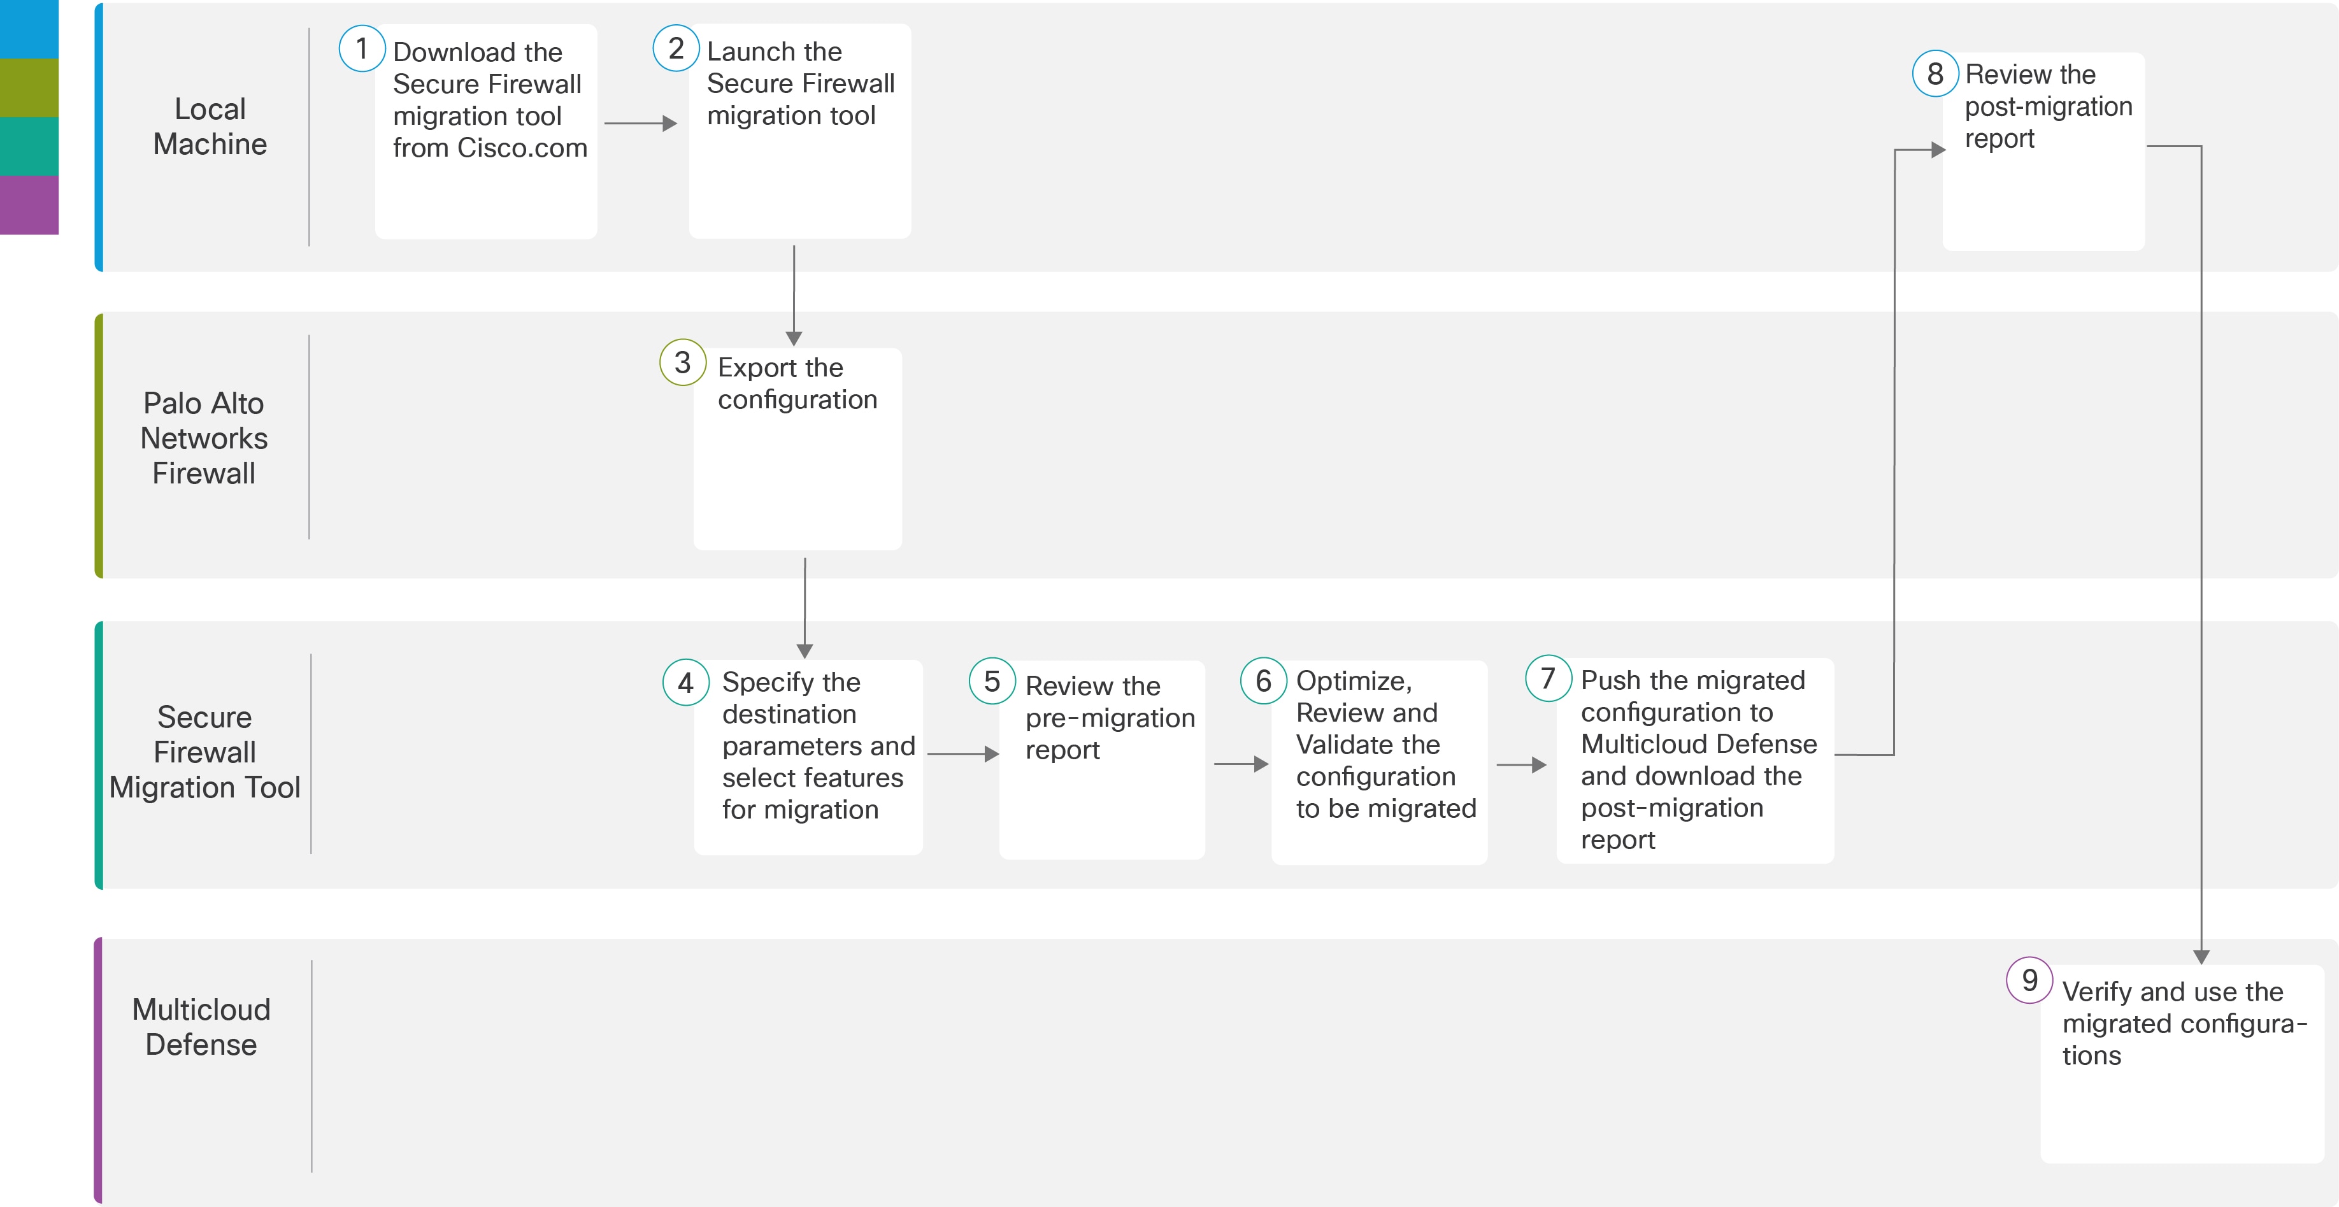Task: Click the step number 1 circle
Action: tap(362, 48)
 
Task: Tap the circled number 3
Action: tap(683, 362)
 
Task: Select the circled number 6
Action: tap(1263, 680)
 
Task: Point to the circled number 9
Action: tap(2029, 980)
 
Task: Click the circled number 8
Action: tap(1936, 73)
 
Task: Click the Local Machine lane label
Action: tap(210, 126)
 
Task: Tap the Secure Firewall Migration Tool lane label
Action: tap(204, 752)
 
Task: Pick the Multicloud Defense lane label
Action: tap(201, 1027)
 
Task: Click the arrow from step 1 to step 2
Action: tap(640, 122)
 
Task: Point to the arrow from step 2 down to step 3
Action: tap(794, 295)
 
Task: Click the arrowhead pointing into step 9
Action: tap(2201, 956)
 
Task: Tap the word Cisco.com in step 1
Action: tap(522, 148)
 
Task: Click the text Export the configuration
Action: tap(798, 383)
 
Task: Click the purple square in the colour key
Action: tap(29, 205)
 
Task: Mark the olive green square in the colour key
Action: tap(29, 88)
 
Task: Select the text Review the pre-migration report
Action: tap(1110, 717)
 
